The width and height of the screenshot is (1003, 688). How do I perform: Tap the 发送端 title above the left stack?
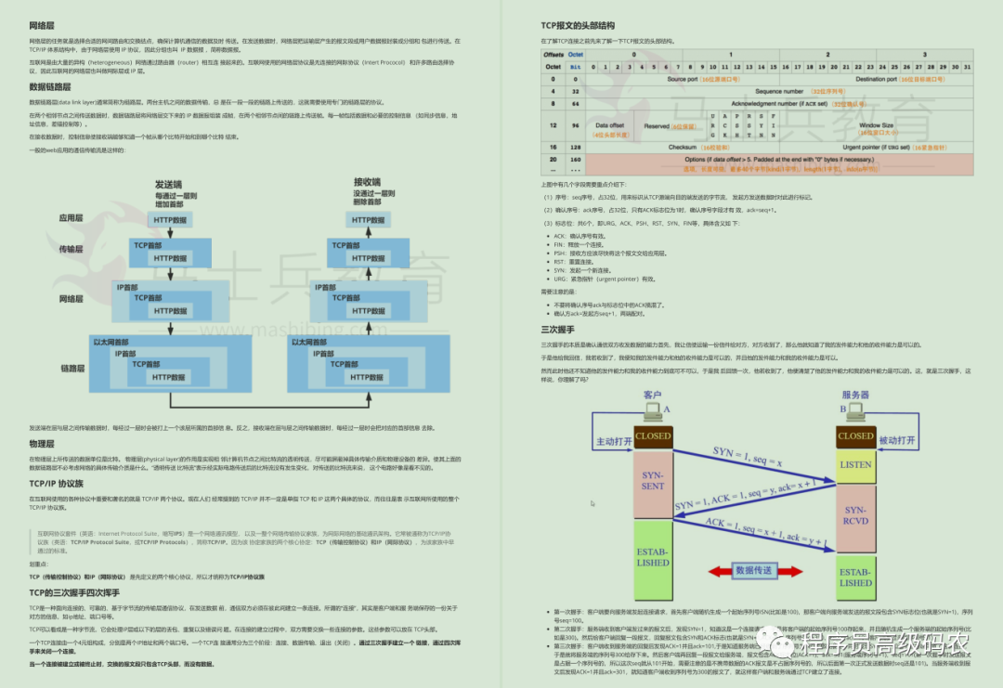point(168,184)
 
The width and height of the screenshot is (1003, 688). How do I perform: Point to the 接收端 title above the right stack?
point(367,182)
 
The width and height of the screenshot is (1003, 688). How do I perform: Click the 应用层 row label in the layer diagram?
point(72,219)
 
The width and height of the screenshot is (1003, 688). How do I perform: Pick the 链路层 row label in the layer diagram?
point(72,369)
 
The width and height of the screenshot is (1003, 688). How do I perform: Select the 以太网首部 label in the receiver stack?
point(310,342)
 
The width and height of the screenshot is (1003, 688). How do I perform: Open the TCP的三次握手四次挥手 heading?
point(75,591)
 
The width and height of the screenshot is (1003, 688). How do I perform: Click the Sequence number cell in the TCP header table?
point(779,92)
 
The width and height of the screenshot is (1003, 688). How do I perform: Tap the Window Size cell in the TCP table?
point(875,125)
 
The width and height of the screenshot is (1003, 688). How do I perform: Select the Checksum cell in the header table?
point(683,147)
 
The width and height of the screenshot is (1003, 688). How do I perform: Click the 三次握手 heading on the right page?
point(557,330)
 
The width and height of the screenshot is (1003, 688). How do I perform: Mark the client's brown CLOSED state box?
point(653,435)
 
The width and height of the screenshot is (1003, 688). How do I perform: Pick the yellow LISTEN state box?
point(855,464)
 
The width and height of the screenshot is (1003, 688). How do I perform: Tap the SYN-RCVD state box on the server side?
point(855,515)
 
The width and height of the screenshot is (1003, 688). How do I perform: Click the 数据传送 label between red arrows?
point(756,570)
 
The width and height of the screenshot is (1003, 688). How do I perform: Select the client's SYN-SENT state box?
point(653,480)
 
